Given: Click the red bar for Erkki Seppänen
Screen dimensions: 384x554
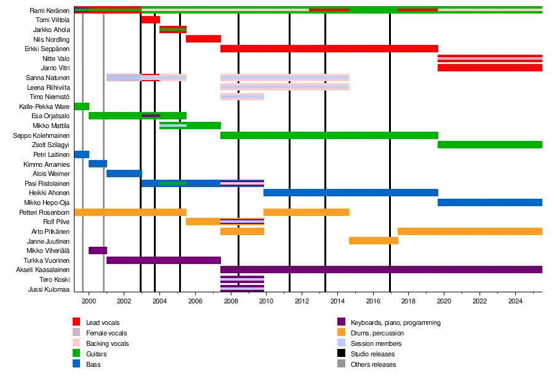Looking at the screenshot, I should pyautogui.click(x=329, y=49).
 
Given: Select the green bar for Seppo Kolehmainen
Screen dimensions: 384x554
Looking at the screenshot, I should pyautogui.click(x=329, y=135).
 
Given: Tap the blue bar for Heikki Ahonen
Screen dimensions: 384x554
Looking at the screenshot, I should pyautogui.click(x=351, y=193).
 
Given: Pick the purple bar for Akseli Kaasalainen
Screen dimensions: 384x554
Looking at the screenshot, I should pyautogui.click(x=381, y=270).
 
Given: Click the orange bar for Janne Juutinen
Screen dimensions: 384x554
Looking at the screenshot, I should pyautogui.click(x=373, y=241).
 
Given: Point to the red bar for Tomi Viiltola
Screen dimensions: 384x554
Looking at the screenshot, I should pyautogui.click(x=150, y=20).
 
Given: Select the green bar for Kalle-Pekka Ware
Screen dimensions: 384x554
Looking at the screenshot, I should pyautogui.click(x=81, y=106).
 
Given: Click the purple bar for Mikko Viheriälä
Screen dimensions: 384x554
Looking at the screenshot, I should pyautogui.click(x=98, y=250).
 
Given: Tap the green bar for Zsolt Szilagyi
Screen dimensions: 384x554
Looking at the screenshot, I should pyautogui.click(x=490, y=145).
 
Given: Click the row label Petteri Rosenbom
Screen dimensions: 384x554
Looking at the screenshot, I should pyautogui.click(x=47, y=212).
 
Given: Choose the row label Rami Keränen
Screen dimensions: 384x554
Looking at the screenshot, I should pyautogui.click(x=49, y=10).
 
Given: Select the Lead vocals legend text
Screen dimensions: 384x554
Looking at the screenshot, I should pyautogui.click(x=103, y=322).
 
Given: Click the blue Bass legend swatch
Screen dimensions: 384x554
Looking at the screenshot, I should pyautogui.click(x=76, y=364).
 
